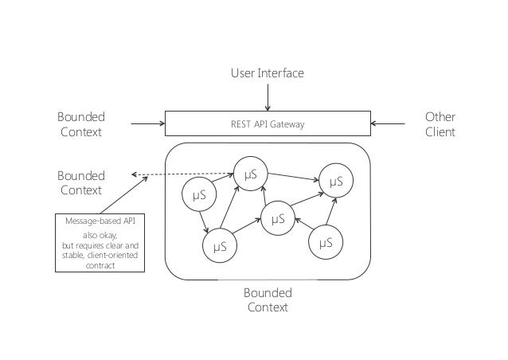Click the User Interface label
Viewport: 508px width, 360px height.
(x=268, y=73)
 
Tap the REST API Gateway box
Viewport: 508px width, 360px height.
(x=268, y=123)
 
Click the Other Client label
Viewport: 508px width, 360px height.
(x=440, y=124)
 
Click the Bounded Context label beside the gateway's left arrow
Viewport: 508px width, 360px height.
(x=81, y=124)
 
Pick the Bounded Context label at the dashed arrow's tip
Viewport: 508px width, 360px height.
(x=81, y=182)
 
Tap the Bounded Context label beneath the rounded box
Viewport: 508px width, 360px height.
(x=268, y=299)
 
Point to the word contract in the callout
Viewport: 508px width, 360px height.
(x=100, y=266)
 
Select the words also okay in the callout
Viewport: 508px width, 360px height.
(x=100, y=235)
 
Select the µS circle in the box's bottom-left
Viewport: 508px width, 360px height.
(x=220, y=246)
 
